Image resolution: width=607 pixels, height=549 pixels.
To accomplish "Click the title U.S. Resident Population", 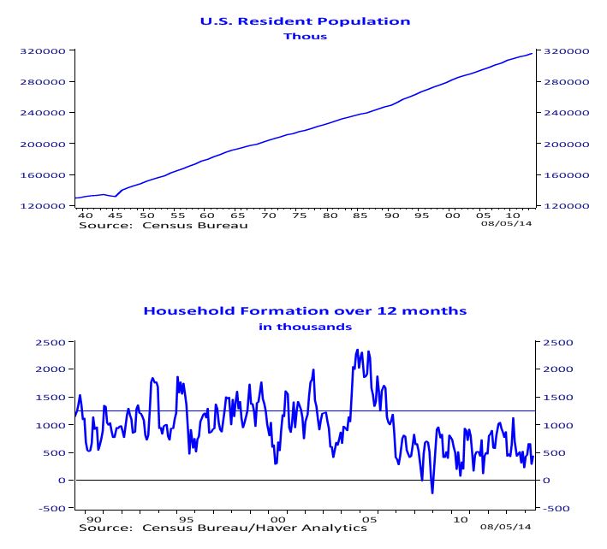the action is coord(305,21).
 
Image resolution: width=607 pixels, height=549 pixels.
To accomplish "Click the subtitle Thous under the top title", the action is coord(305,36).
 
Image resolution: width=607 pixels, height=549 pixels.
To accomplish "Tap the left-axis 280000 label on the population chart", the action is coord(43,82).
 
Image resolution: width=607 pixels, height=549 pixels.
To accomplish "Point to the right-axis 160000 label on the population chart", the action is coord(567,175).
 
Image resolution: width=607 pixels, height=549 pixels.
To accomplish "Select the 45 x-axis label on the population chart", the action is coord(116,215).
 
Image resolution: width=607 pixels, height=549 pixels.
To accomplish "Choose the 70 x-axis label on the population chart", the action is coord(269,215).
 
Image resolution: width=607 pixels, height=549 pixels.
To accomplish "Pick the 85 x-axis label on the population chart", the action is coord(360,215).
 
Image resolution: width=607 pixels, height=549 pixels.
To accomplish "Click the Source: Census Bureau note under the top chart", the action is coord(163,226).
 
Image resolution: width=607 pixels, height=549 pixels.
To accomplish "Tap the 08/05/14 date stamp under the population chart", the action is coord(506,223).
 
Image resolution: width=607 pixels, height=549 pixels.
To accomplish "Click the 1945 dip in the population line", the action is coord(115,197).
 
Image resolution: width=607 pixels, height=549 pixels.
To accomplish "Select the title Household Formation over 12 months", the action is coord(305,311).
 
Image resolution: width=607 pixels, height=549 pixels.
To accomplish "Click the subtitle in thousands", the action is coord(305,327).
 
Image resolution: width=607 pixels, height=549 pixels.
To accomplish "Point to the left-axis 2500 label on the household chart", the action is coord(51,343).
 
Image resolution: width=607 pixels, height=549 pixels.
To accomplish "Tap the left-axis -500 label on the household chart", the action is coord(52,508).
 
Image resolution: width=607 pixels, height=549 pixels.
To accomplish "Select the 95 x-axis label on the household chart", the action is coord(186,520).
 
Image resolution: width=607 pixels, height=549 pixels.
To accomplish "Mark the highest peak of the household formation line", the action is coord(357,350).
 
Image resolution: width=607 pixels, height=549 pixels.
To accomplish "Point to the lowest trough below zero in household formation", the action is coord(432,493).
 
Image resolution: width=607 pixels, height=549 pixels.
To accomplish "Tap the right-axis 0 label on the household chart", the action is coord(546,481).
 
